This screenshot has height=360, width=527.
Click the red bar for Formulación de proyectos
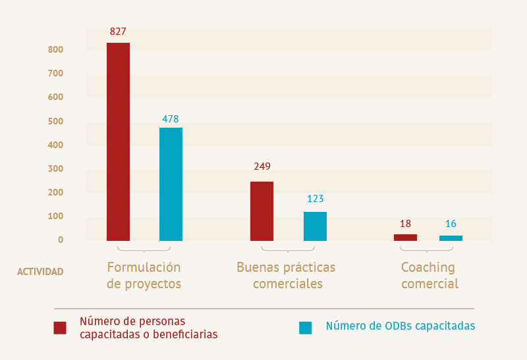pyautogui.click(x=118, y=141)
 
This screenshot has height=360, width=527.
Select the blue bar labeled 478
pyautogui.click(x=171, y=184)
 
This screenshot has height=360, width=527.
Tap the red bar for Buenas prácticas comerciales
pyautogui.click(x=262, y=211)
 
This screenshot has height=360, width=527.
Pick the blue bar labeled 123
pyautogui.click(x=315, y=226)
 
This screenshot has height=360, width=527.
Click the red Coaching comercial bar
pyautogui.click(x=405, y=237)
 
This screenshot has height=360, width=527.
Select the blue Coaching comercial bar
pyautogui.click(x=451, y=238)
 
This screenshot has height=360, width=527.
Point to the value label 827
pyautogui.click(x=118, y=31)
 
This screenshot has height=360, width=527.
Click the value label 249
pyautogui.click(x=262, y=167)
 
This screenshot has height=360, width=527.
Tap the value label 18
pyautogui.click(x=405, y=224)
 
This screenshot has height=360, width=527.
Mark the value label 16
pyautogui.click(x=451, y=224)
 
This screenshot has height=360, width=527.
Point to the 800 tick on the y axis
pyautogui.click(x=55, y=49)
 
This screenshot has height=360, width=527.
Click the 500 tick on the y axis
pyautogui.click(x=55, y=121)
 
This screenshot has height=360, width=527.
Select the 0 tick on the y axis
pyautogui.click(x=60, y=240)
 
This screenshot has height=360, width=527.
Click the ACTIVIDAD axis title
pyautogui.click(x=40, y=271)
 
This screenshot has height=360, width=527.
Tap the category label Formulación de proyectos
pyautogui.click(x=144, y=276)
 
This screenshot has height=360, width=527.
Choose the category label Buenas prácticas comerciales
pyautogui.click(x=286, y=276)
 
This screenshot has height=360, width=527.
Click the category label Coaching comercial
pyautogui.click(x=429, y=276)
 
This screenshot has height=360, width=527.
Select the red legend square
pyautogui.click(x=60, y=327)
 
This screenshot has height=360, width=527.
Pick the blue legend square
pyautogui.click(x=306, y=327)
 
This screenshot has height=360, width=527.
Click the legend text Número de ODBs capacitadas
pyautogui.click(x=400, y=326)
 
